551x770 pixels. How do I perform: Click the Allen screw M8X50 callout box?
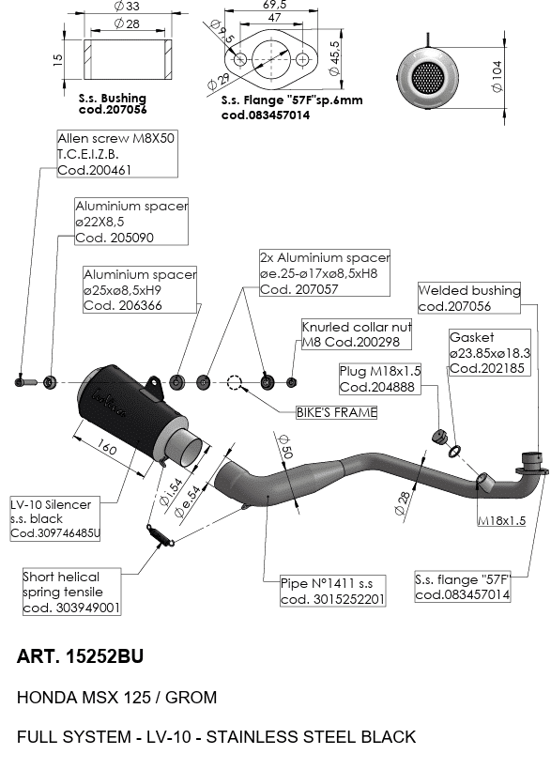coord(117,154)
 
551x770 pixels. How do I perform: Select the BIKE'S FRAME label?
coord(336,412)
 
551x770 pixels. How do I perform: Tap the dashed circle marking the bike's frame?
coord(235,382)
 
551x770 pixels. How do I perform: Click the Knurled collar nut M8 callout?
coord(356,334)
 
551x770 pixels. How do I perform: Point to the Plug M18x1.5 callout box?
coord(380,378)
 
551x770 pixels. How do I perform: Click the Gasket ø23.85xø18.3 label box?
coord(490,352)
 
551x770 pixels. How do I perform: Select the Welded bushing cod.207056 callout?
coord(469,298)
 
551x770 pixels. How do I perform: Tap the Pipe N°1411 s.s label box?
coord(332,591)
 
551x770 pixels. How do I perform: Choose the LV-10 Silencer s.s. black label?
coord(55,519)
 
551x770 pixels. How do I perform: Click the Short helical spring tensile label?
coord(71,592)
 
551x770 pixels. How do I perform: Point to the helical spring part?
coord(161,534)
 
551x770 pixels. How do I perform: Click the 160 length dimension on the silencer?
coord(107,448)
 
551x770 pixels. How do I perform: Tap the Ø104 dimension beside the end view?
coord(497,76)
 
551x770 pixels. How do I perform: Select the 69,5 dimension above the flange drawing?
coord(275,5)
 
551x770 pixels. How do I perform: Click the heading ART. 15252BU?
coord(80,656)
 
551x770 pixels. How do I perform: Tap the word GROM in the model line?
coord(191,698)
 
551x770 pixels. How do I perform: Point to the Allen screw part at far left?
coord(25,382)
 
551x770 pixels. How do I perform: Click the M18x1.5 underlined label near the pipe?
coord(501,520)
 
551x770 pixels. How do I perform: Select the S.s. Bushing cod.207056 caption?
coord(113,104)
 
